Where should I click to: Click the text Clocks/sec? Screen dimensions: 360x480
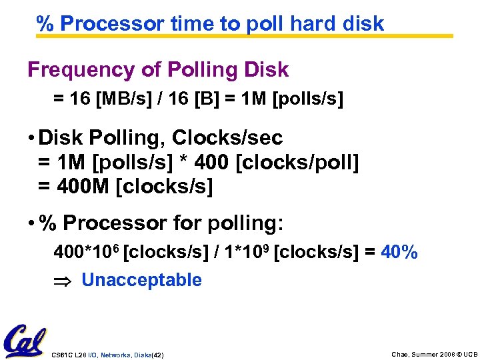click(x=227, y=138)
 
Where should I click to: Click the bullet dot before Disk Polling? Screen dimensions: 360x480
click(x=31, y=139)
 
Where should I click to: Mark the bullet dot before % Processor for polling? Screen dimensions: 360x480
click(x=31, y=223)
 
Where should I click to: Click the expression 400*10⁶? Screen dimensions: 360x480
click(x=87, y=253)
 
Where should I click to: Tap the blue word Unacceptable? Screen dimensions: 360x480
click(x=141, y=280)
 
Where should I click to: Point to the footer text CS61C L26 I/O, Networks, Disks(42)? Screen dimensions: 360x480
click(x=107, y=355)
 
